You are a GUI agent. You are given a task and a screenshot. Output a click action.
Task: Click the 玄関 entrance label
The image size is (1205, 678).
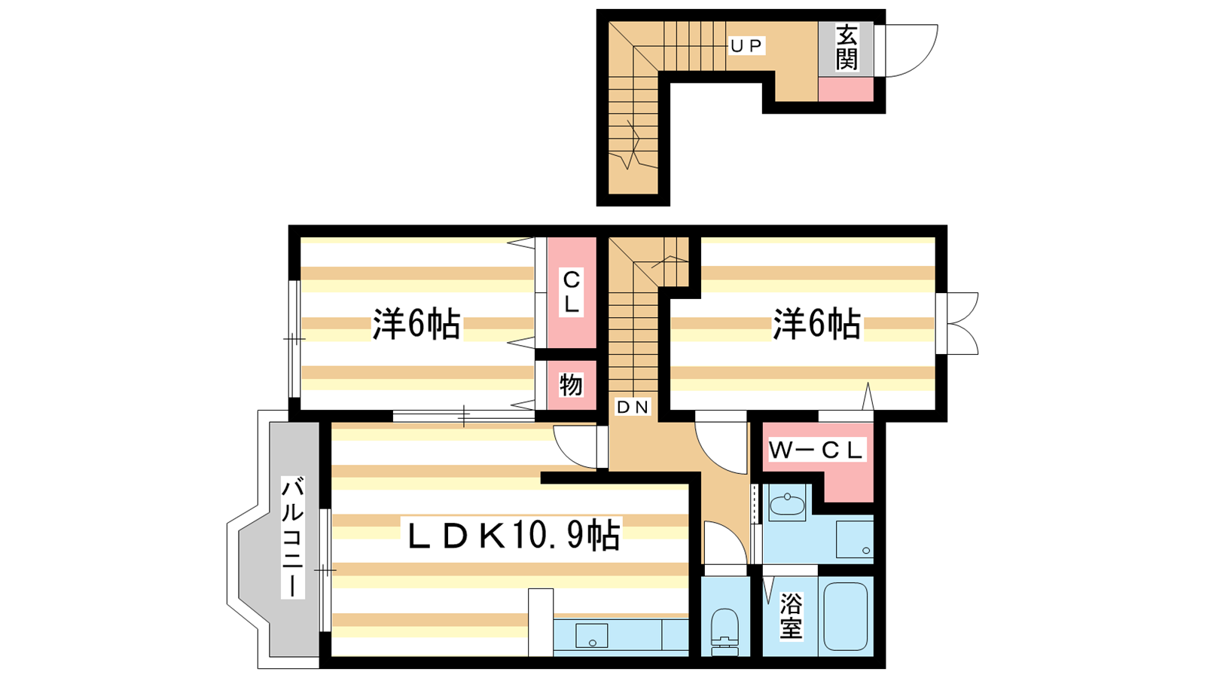(847, 48)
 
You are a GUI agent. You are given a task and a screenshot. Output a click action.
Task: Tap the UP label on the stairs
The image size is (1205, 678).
(746, 46)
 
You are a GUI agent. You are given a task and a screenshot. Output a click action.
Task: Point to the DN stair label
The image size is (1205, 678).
(633, 407)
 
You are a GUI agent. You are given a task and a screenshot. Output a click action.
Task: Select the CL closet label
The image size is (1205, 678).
(572, 292)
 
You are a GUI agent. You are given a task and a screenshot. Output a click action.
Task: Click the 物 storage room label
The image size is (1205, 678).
(571, 385)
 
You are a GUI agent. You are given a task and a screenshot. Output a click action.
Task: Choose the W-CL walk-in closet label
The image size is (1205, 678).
(816, 450)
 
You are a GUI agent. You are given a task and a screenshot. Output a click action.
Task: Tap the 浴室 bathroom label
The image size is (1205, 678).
(791, 615)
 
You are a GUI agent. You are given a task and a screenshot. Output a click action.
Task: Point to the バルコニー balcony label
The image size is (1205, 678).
(293, 538)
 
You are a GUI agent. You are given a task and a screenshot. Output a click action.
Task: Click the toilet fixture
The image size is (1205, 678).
(725, 633)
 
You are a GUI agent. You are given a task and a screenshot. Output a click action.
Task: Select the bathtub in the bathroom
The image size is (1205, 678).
(845, 616)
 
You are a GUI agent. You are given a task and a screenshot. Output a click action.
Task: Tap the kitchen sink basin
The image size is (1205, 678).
(592, 636)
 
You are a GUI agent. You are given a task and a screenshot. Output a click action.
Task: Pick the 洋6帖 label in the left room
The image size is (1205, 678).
(416, 324)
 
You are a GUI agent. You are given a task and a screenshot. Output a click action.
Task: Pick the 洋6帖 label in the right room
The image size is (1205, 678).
(816, 324)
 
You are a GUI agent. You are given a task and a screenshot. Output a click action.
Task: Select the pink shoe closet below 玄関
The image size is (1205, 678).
(846, 89)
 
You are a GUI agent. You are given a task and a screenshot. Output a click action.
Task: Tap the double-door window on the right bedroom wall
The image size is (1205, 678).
(957, 323)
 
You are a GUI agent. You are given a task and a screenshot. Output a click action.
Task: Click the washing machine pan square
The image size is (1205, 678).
(854, 539)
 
